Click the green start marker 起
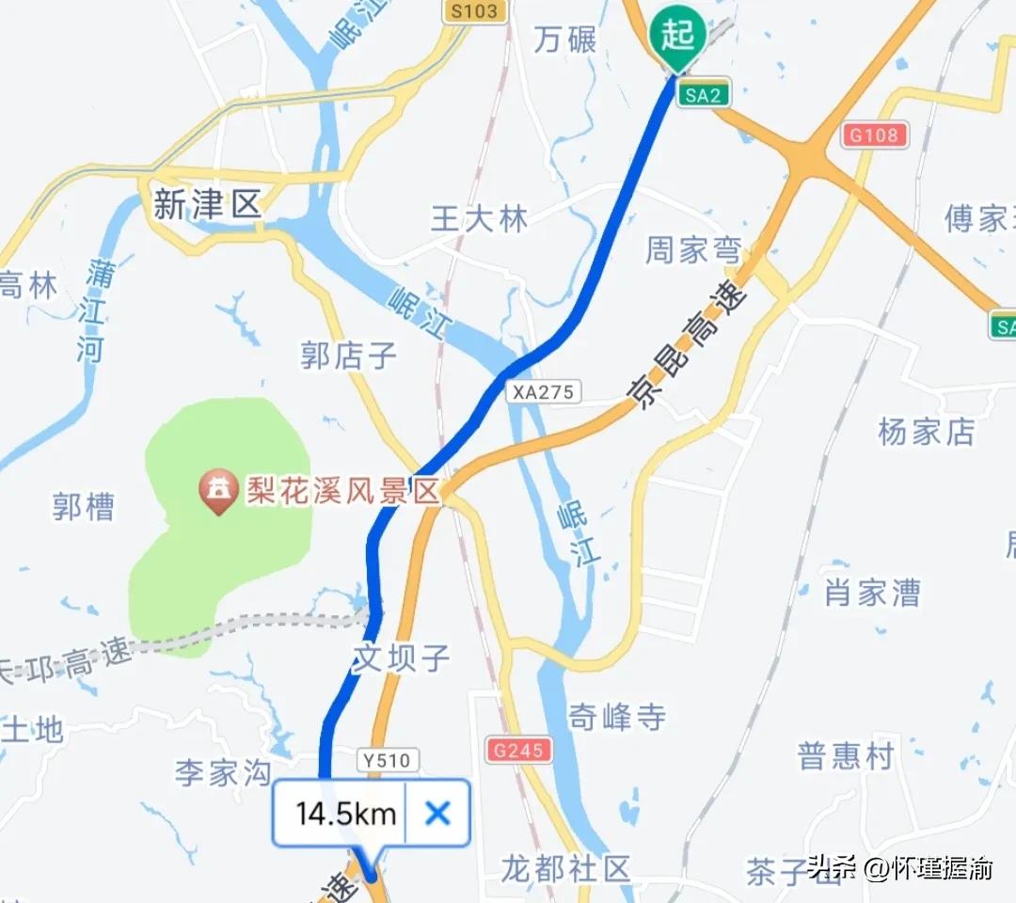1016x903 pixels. pos(676,37)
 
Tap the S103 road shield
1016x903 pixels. pos(476,10)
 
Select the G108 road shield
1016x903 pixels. pos(875,135)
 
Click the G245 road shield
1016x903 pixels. pos(518,750)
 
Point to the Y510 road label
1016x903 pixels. pos(388,759)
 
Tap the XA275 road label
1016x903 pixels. pos(543,391)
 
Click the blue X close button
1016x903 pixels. pos(437,813)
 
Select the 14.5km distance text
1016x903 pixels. pos(345,814)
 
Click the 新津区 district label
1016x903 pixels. pos(207,205)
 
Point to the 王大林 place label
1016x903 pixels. pos(479,219)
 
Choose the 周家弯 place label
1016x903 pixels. pos(692,250)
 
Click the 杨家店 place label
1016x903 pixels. pos(926,432)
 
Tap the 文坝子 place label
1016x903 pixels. pos(401,657)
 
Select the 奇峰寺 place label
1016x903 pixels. pos(616,718)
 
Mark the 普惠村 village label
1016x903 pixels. pos(844,756)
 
